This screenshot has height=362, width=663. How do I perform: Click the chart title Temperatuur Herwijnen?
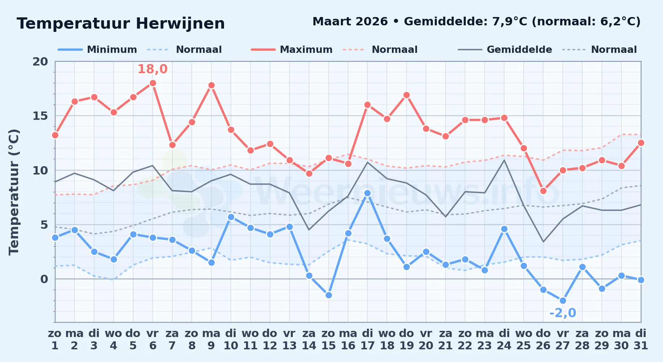[121, 24]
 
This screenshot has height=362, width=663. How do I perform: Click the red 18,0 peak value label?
[152, 69]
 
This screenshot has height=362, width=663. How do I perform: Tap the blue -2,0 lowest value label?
[563, 313]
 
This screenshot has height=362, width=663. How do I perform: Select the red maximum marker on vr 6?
[153, 83]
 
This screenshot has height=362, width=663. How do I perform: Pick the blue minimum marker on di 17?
[367, 193]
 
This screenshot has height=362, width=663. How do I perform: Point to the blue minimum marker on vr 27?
[563, 300]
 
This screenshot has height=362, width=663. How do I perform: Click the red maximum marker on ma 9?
[211, 85]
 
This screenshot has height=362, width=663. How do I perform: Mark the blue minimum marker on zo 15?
[329, 295]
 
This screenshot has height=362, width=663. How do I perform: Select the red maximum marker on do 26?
[543, 191]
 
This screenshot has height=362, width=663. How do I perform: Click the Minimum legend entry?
[98, 50]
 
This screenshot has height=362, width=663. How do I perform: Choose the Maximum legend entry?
[292, 50]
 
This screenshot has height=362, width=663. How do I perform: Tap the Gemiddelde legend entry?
[505, 50]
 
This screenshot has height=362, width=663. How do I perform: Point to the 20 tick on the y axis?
[40, 62]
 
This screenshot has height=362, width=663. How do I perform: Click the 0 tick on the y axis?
[44, 279]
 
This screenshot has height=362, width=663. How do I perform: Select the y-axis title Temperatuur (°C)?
[14, 192]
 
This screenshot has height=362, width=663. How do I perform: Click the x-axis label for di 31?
[641, 340]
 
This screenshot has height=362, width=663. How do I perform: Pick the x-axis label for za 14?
[309, 340]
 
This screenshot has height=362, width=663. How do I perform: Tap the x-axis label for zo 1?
[55, 340]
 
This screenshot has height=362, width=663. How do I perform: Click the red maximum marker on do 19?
[406, 95]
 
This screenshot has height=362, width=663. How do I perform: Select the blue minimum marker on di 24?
[504, 229]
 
